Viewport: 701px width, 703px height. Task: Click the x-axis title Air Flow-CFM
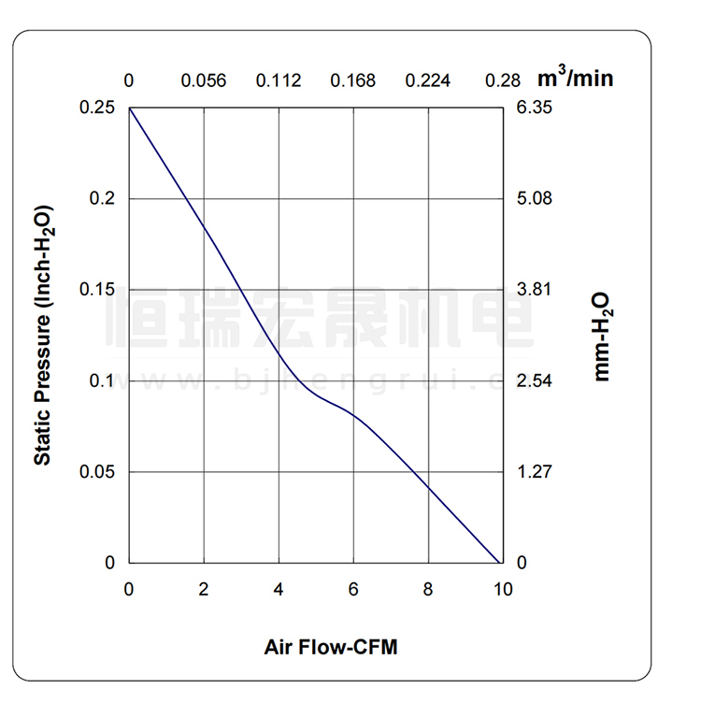[x=330, y=647]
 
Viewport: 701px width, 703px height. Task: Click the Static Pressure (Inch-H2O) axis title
[x=43, y=335]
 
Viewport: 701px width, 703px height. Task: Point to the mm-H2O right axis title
[x=601, y=335]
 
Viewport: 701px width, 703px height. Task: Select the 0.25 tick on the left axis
[x=97, y=108]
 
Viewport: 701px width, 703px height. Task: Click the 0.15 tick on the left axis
[x=97, y=290]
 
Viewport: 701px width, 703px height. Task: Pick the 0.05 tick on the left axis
[x=97, y=472]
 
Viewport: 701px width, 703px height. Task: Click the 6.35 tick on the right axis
[x=535, y=108]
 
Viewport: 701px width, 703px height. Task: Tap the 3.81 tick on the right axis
[x=535, y=290]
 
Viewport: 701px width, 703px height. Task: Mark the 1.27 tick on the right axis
[x=535, y=472]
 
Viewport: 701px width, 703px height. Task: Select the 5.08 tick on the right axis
[x=535, y=199]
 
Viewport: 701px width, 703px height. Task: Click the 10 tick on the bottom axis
[x=503, y=590]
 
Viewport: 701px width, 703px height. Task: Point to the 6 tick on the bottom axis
[x=353, y=590]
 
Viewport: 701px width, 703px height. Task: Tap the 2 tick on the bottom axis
[x=204, y=590]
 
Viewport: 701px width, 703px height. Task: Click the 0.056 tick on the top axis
[x=204, y=80]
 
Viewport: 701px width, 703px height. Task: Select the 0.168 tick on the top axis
[x=353, y=80]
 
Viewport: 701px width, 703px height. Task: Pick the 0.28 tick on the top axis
[x=503, y=80]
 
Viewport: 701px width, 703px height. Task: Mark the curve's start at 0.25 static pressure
[x=130, y=108]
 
